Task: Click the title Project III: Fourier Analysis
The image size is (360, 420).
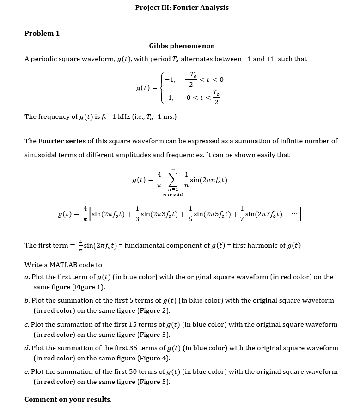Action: click(182, 7)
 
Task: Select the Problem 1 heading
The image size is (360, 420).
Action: click(42, 33)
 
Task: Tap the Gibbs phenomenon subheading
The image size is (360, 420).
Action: click(182, 46)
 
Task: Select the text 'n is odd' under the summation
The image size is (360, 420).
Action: click(173, 195)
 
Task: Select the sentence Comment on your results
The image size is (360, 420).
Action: click(68, 399)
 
